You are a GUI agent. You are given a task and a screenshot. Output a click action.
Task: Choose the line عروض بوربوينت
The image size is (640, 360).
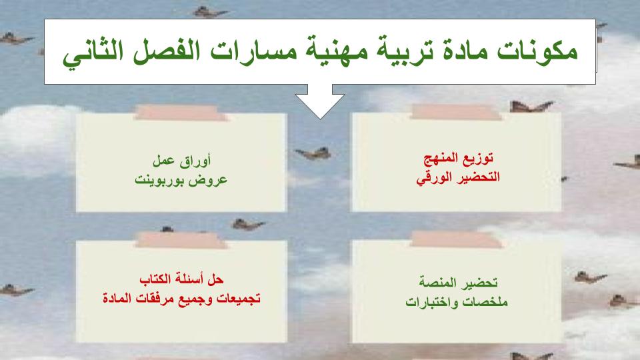pyautogui.click(x=182, y=179)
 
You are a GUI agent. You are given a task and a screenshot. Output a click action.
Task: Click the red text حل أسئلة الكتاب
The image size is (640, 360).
pyautogui.click(x=182, y=278)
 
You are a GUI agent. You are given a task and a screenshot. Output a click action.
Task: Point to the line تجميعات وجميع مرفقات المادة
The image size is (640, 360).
pyautogui.click(x=182, y=297)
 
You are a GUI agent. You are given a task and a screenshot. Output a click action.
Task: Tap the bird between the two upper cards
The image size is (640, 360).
pyautogui.click(x=314, y=154)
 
